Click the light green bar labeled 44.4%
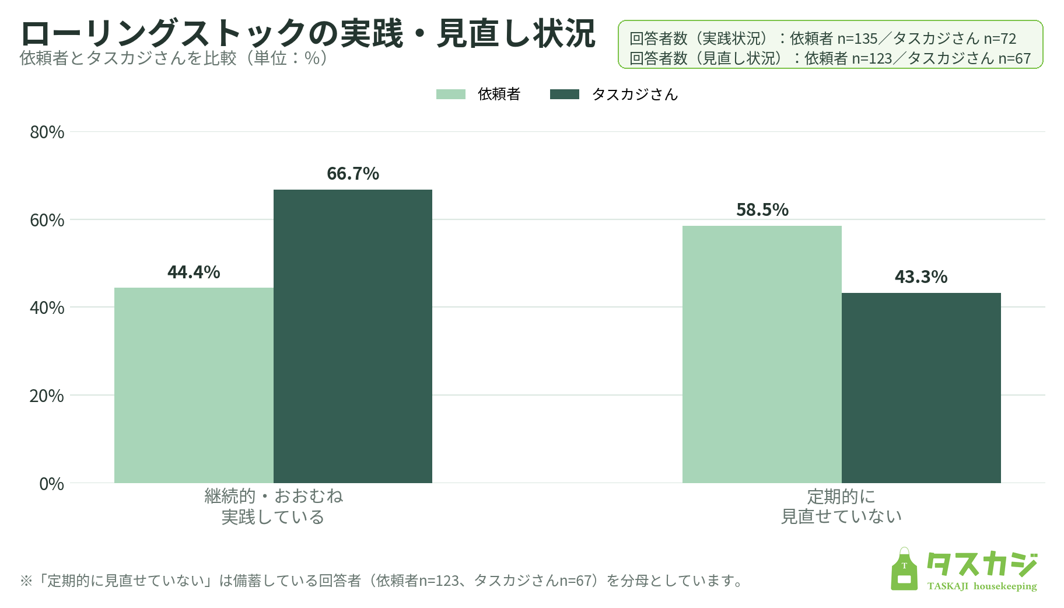coord(194,385)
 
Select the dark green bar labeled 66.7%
coord(353,336)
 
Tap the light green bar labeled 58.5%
coord(762,354)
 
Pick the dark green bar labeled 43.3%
coord(921,388)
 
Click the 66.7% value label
coord(353,173)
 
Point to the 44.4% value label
coord(194,272)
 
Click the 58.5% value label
coord(762,209)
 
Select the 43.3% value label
coord(921,277)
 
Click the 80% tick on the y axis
coord(47,132)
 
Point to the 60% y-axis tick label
coord(47,220)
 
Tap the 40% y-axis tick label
coord(47,308)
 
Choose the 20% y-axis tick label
coord(47,396)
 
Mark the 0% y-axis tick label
coord(52,484)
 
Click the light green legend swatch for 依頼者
coord(451,94)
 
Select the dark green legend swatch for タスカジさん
coord(565,94)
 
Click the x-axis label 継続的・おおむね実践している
coord(274,506)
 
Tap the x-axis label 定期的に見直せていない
coord(841,506)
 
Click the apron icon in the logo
coord(904,569)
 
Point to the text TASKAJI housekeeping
coord(982,586)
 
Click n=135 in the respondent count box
coord(857,39)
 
